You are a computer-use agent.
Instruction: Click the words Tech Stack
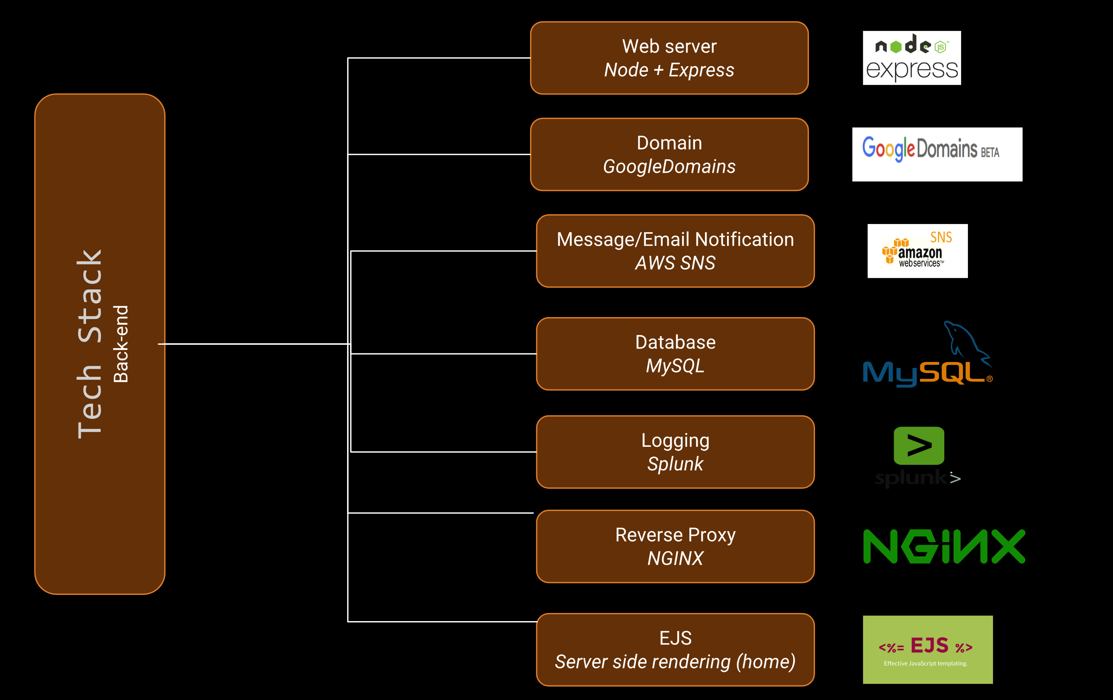pos(90,344)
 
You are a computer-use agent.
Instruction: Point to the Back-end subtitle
pos(121,344)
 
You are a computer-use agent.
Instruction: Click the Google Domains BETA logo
pos(937,154)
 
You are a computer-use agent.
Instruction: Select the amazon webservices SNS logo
pos(917,251)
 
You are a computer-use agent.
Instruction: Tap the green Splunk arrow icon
pos(919,445)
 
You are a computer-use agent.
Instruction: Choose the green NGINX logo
pos(944,547)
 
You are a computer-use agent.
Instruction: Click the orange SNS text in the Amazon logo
pos(941,237)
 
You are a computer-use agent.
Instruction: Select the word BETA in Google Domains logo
pos(990,153)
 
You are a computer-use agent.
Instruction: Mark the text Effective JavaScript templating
pos(925,663)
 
